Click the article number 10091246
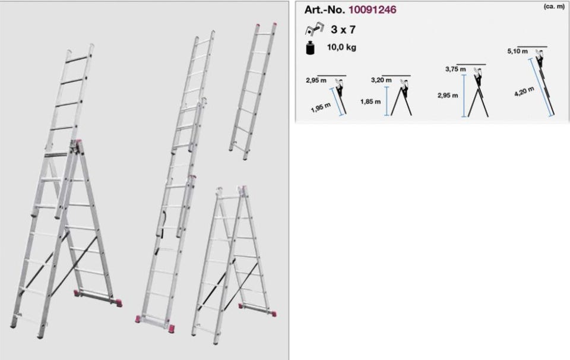(372, 10)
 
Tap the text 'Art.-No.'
(325, 10)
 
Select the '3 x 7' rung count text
(343, 30)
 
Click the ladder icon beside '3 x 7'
(313, 29)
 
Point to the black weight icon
(310, 48)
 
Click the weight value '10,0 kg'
(341, 48)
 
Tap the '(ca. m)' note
(554, 7)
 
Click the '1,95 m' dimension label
(321, 108)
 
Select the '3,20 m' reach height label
(381, 80)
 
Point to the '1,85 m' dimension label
(370, 102)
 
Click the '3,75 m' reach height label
(455, 69)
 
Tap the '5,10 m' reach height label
(517, 51)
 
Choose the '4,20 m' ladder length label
(524, 91)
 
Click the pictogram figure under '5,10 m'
(540, 62)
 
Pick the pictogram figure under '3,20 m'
(404, 89)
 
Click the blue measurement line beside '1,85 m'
(387, 101)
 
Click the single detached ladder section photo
(253, 91)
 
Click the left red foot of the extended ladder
(138, 320)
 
